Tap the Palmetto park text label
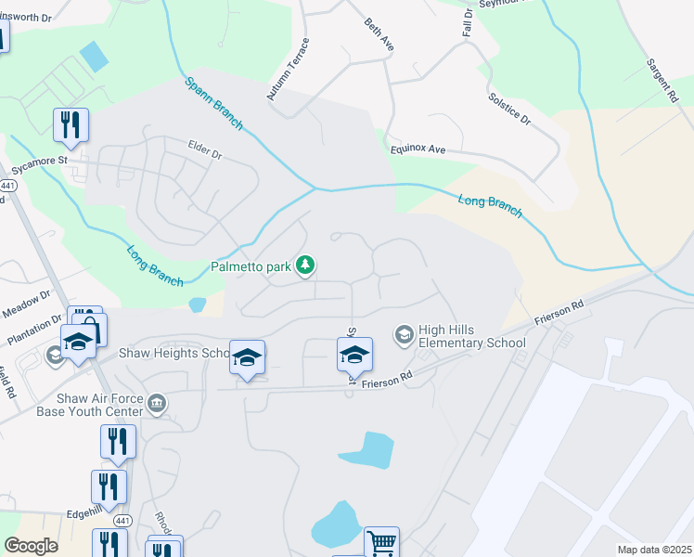(250, 266)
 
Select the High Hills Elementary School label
(472, 336)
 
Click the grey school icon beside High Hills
(404, 332)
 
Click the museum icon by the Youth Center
(157, 403)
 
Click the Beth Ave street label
(379, 34)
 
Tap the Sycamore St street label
(40, 166)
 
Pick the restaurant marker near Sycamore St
(71, 124)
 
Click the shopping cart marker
(381, 542)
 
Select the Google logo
(31, 546)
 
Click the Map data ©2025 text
(653, 550)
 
